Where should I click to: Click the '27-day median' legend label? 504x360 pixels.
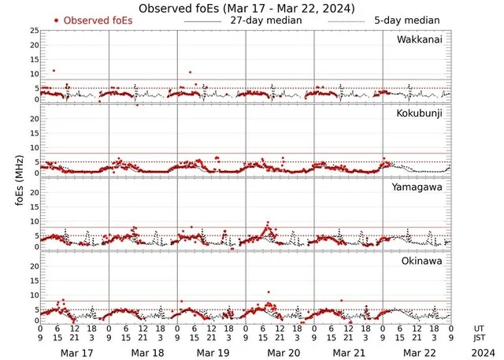coord(254,20)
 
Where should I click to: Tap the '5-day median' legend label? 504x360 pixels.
coord(406,20)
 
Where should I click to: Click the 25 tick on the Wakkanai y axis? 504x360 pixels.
coord(33,31)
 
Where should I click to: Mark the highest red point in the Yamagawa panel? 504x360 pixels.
coord(268,223)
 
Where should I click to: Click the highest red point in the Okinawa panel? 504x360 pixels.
coord(269,292)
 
